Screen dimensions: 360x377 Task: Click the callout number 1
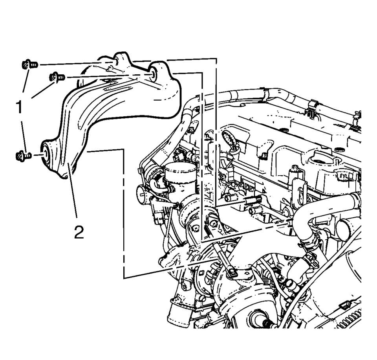(18, 107)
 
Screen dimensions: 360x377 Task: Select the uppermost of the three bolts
(28, 64)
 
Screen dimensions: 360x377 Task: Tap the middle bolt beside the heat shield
(57, 77)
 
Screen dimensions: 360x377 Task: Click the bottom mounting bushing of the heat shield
(46, 154)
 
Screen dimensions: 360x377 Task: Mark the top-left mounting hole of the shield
(116, 61)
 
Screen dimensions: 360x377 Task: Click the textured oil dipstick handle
(228, 138)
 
